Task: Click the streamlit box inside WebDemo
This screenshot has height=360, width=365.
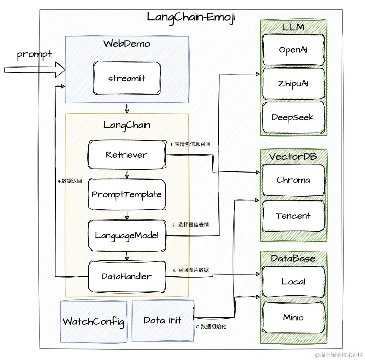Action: (127, 78)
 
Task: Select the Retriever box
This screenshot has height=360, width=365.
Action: (127, 155)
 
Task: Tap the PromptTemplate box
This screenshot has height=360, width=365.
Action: (127, 194)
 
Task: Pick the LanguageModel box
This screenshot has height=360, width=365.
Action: (127, 236)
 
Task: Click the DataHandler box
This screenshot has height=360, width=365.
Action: (127, 276)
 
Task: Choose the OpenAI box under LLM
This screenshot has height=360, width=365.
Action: (293, 50)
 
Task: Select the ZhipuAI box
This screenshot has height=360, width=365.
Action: (293, 84)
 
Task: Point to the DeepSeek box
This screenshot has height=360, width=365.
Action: (293, 117)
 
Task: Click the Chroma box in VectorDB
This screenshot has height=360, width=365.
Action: (293, 180)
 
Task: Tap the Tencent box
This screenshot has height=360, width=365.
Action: (293, 216)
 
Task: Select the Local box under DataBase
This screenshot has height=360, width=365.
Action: (293, 282)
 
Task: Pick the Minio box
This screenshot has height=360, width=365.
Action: (293, 317)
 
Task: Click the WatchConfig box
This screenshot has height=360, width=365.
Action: (94, 321)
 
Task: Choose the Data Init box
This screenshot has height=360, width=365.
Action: (163, 320)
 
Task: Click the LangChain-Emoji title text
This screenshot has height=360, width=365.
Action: (191, 18)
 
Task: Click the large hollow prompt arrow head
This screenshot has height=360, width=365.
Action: (60, 70)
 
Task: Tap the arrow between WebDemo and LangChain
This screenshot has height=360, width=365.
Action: (127, 108)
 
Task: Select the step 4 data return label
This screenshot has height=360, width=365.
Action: (70, 181)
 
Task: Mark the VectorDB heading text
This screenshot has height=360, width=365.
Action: (293, 156)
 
